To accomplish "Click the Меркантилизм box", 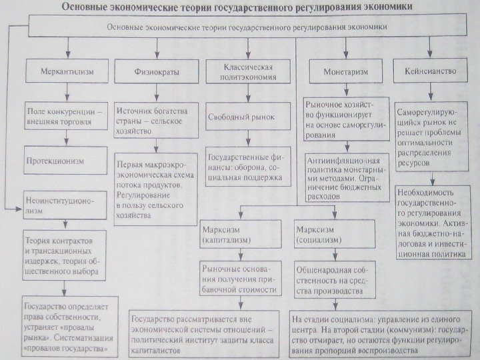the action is pyautogui.click(x=65, y=70).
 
